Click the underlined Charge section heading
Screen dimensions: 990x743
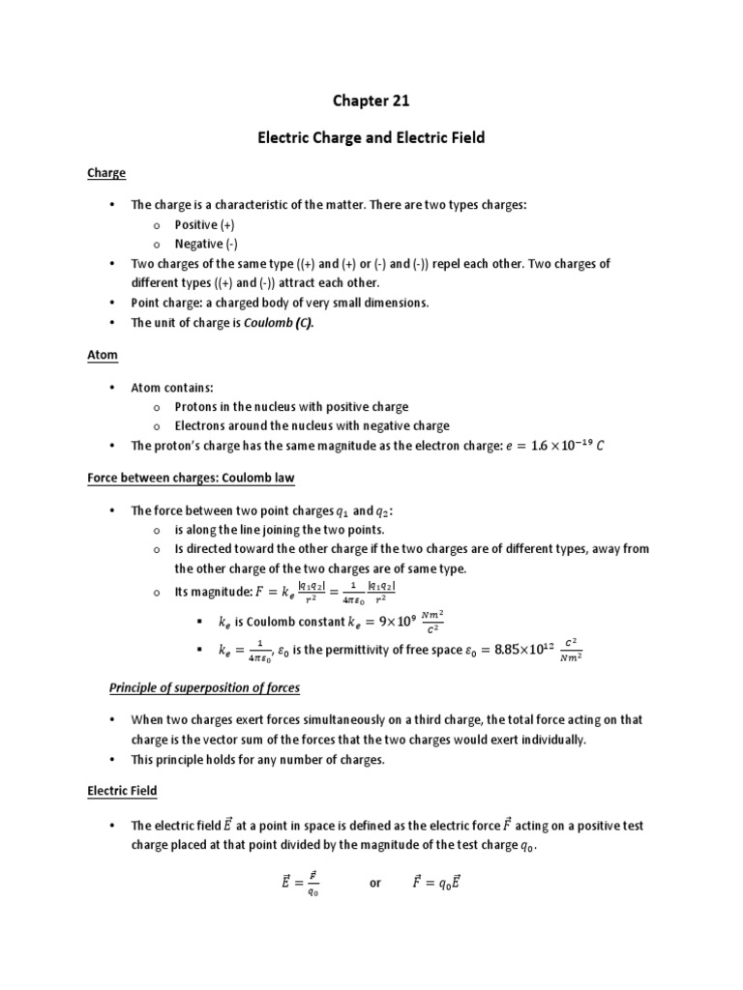point(107,173)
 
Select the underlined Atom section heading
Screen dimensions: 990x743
point(103,355)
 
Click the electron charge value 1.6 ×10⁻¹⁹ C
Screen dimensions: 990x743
point(560,446)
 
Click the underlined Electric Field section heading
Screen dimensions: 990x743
point(122,791)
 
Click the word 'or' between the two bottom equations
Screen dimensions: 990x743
point(376,884)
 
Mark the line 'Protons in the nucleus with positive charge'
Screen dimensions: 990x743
point(291,407)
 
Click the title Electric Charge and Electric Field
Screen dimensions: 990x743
point(371,138)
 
